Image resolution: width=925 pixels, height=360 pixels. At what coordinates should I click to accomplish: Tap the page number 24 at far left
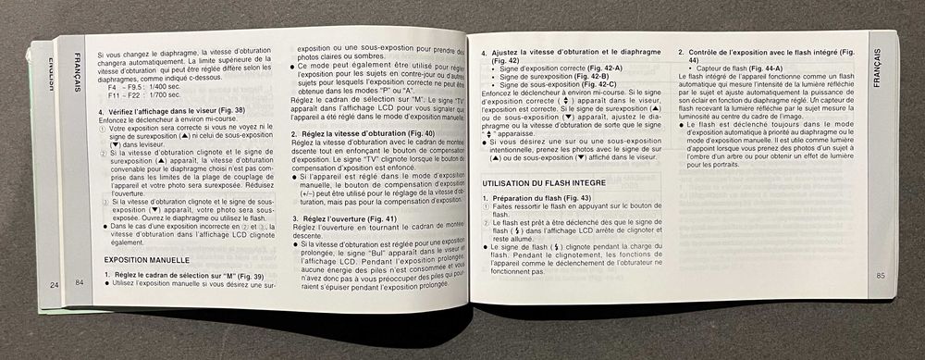[x=55, y=283]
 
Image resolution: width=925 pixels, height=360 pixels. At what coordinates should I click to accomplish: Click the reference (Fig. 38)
[x=228, y=111]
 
